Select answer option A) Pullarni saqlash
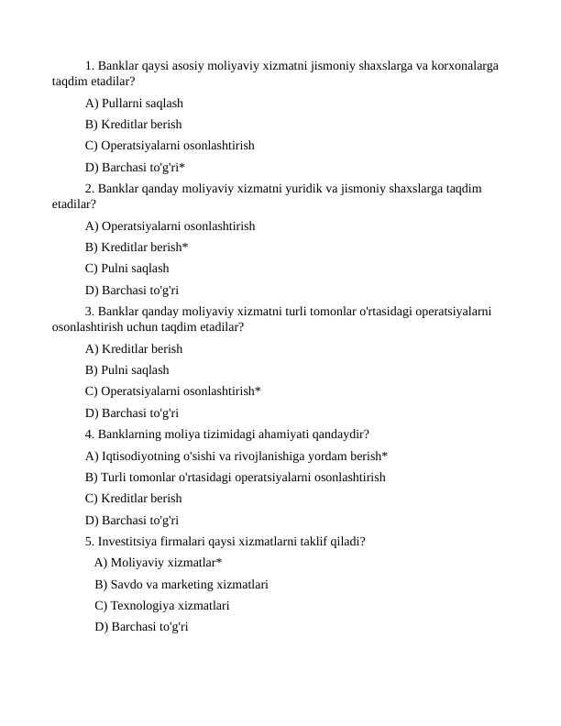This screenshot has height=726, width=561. (134, 104)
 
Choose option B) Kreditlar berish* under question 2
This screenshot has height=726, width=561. (137, 247)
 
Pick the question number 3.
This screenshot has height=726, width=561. (88, 312)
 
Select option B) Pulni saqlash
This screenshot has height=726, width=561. (126, 370)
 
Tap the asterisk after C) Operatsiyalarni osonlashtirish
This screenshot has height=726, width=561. (258, 391)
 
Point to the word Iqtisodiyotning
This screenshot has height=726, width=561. (143, 456)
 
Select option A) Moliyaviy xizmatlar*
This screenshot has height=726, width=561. (158, 563)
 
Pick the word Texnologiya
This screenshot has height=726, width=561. (148, 605)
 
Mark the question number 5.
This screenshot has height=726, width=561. (88, 541)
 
